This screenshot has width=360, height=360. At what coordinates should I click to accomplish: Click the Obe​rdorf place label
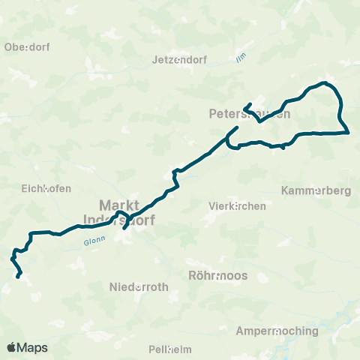tap(27, 46)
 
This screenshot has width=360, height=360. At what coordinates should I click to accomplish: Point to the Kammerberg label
tap(316, 190)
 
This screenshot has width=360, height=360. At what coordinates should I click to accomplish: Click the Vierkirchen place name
tap(237, 205)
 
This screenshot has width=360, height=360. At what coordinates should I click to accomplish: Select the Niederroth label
tap(139, 287)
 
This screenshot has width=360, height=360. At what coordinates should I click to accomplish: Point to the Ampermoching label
tap(277, 331)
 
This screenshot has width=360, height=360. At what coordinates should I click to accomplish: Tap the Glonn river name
tap(94, 240)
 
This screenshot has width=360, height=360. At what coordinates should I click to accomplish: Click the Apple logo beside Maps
tap(11, 347)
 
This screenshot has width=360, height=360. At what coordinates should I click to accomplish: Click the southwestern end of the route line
tap(19, 277)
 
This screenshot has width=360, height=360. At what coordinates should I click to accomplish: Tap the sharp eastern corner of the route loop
tap(349, 133)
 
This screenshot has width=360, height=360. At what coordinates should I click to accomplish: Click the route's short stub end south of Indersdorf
tap(124, 229)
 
